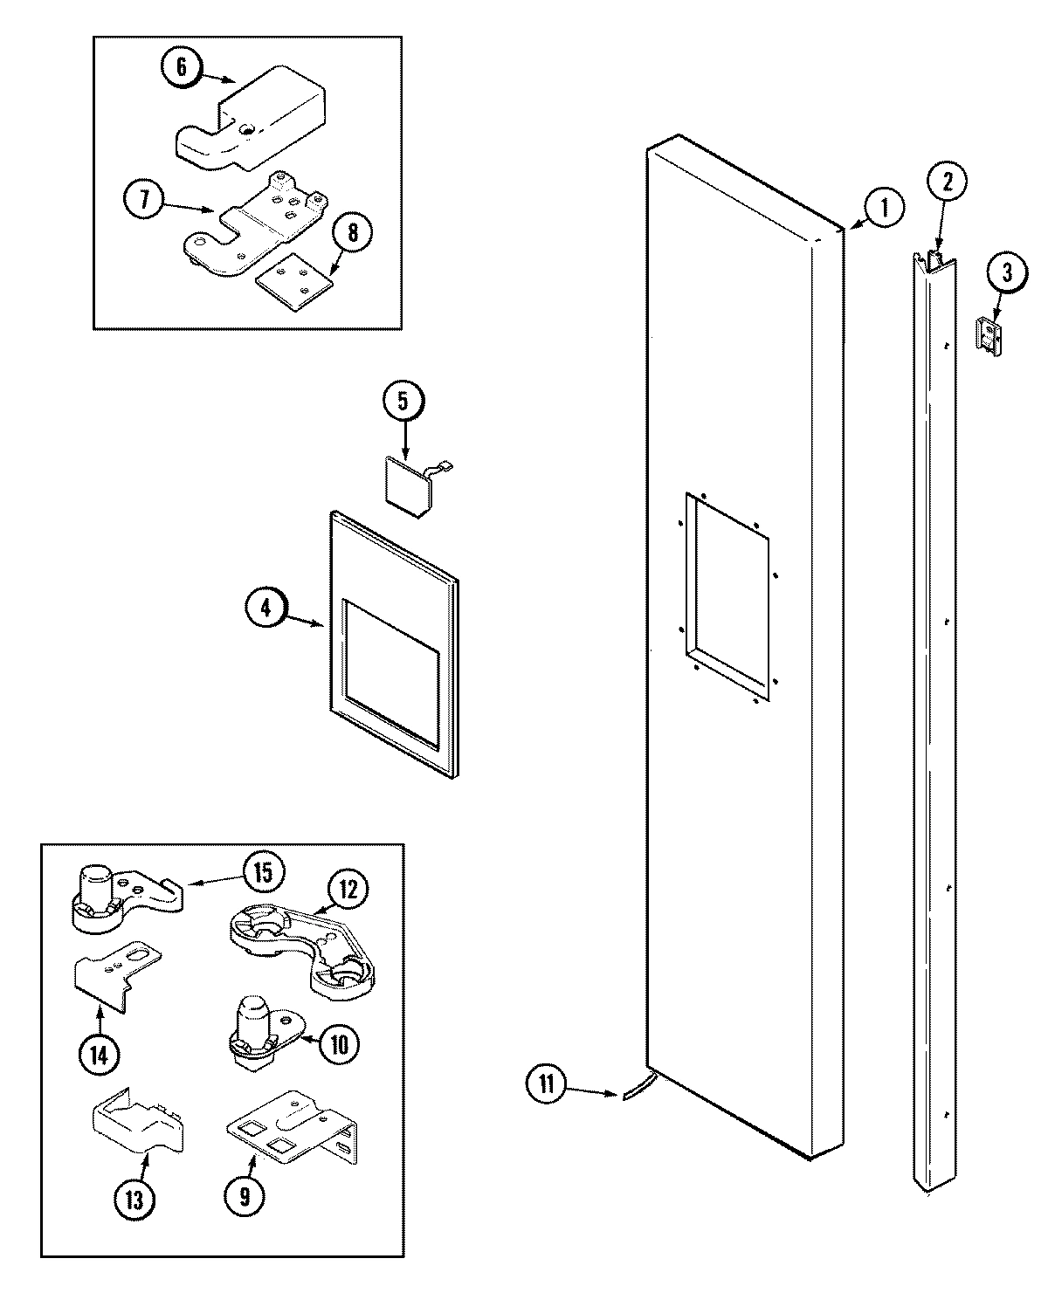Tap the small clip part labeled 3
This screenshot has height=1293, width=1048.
(988, 335)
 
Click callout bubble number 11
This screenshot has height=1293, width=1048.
(546, 1085)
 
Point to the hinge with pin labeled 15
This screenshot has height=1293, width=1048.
(122, 892)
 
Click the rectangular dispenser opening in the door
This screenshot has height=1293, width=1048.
(727, 596)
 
